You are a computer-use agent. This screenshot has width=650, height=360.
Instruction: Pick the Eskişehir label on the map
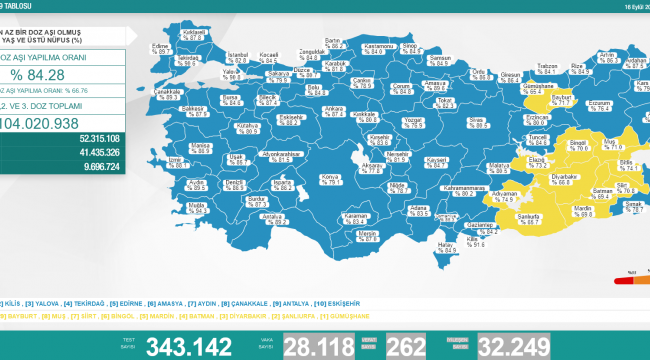coord(291,118)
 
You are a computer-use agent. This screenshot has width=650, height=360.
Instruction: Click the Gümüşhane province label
coord(542,86)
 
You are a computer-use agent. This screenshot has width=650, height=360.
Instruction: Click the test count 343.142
coord(189,347)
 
